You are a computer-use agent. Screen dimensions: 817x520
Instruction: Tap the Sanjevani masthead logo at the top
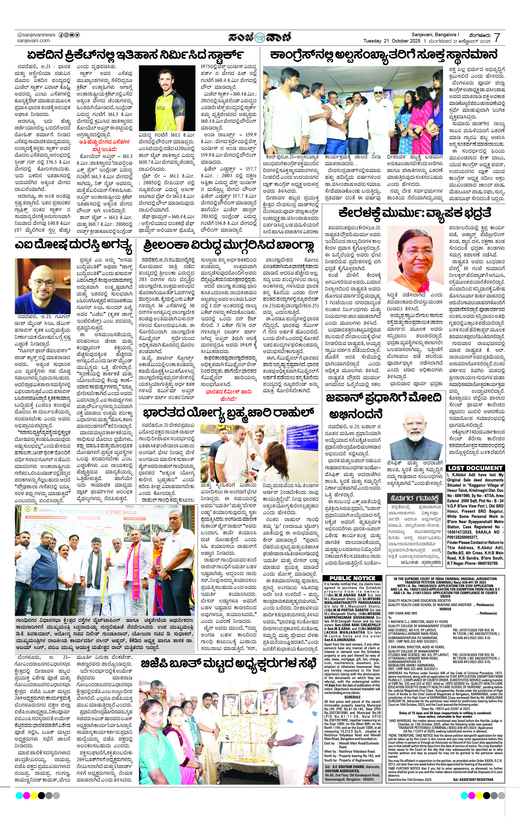[x=260, y=37]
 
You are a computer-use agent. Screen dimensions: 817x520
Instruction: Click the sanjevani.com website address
[x=33, y=40]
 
